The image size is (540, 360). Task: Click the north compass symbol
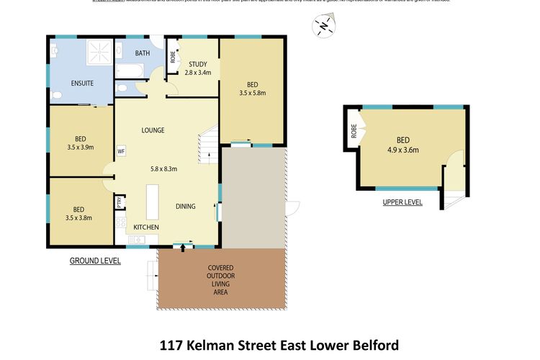tap(323, 27)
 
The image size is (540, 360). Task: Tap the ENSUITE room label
tap(82, 84)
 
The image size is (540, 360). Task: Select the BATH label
tap(143, 53)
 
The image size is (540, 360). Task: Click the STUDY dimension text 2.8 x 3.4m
tap(198, 73)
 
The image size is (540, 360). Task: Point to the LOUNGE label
tap(153, 130)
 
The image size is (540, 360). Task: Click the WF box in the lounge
tap(121, 151)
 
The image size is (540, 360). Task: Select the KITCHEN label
tap(146, 228)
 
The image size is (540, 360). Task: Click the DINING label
tap(186, 207)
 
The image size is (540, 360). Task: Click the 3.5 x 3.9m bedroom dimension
tap(80, 148)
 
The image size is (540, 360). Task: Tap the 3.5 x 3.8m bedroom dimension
tap(79, 217)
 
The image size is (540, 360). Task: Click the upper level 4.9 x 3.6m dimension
tap(403, 150)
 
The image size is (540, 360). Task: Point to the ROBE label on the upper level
tap(354, 131)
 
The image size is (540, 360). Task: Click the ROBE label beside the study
tap(173, 55)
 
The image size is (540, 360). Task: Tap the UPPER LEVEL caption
tap(402, 202)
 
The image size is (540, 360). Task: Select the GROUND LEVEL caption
tap(95, 261)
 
